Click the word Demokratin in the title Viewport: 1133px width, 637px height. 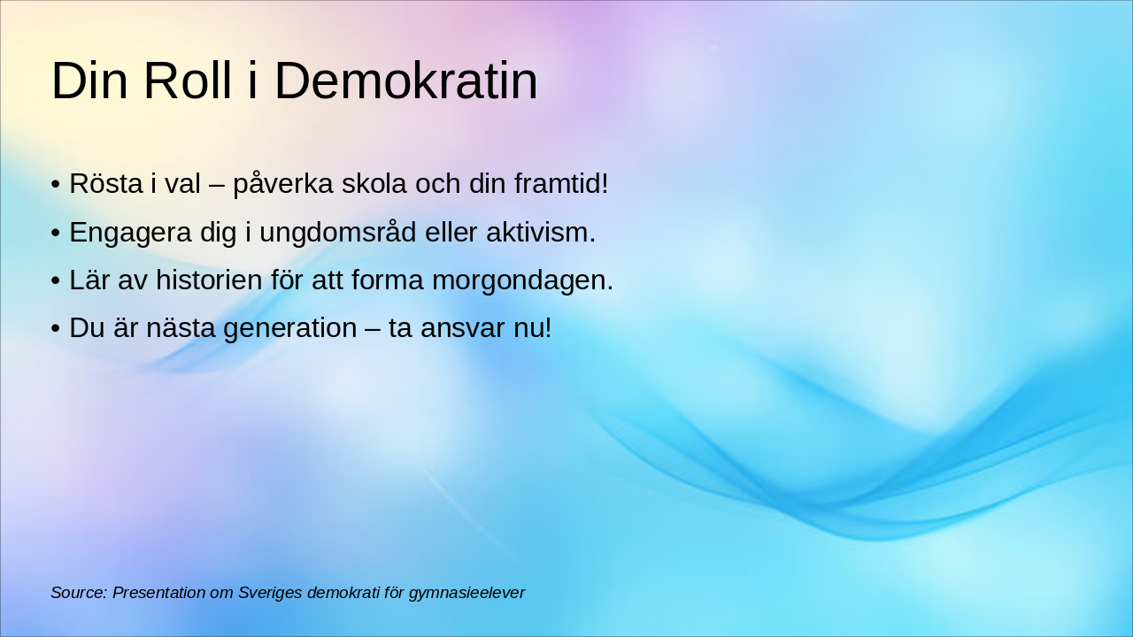point(406,81)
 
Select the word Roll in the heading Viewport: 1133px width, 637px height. point(188,81)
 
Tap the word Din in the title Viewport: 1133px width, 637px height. point(89,81)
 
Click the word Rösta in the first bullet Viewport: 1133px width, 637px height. point(105,183)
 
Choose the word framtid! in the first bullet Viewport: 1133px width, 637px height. point(561,183)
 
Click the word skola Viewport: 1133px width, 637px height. point(374,183)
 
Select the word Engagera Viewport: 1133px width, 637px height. point(130,233)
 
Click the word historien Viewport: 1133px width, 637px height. point(209,280)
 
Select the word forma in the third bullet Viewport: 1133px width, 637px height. point(387,280)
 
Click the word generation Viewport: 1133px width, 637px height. point(289,328)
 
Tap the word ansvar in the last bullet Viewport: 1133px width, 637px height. point(462,328)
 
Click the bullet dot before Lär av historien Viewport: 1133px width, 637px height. point(56,280)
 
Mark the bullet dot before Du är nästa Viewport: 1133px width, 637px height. point(56,328)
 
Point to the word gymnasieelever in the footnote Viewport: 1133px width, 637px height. point(466,594)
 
